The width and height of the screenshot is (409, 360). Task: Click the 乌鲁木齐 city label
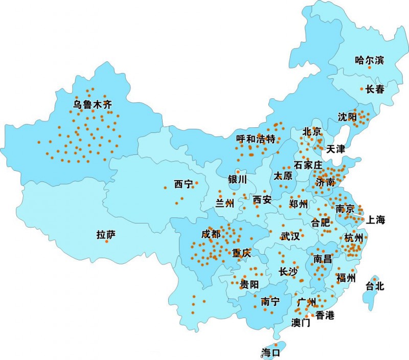(92, 105)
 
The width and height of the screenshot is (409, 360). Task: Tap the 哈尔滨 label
(369, 60)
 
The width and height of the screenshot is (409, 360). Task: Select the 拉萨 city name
(106, 235)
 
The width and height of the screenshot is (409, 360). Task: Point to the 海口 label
(270, 352)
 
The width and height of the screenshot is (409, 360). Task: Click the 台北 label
(375, 286)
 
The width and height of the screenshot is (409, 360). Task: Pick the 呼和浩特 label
(256, 139)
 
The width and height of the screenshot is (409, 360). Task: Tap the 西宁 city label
(183, 184)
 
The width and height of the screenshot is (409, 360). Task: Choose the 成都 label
(211, 234)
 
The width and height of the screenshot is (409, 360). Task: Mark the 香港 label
(325, 315)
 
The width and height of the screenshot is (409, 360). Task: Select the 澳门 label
(301, 323)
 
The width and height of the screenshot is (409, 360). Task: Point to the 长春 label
(375, 89)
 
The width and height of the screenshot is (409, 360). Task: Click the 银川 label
(238, 179)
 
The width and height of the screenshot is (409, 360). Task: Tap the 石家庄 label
(308, 165)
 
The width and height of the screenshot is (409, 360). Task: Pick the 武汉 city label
(290, 236)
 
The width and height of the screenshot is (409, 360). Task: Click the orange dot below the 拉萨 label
(106, 241)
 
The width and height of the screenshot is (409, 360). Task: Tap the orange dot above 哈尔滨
(369, 67)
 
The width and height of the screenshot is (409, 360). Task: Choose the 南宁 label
(270, 301)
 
